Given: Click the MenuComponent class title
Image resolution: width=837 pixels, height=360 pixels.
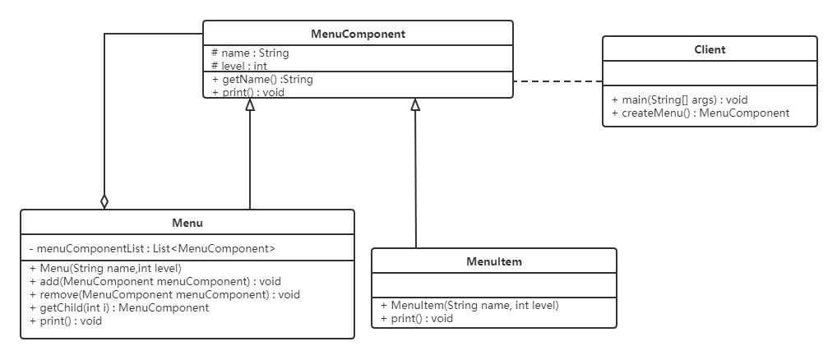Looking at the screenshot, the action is coord(358,35).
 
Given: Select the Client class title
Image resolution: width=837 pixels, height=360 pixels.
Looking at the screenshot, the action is coord(710,49).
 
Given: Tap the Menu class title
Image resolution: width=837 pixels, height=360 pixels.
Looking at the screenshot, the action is coord(187,223).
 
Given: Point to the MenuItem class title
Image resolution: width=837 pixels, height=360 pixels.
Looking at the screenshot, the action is coord(494,261).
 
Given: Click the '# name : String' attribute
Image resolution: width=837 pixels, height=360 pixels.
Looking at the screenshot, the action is coord(250,53).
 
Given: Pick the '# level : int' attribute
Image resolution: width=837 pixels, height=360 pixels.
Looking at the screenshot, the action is coord(240,66).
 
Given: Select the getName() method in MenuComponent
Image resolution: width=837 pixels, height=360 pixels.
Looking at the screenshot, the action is coord(262,80).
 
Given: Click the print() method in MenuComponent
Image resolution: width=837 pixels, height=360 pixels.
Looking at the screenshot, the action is coord(248,92).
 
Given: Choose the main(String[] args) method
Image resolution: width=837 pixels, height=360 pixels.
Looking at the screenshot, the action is coord(679,99).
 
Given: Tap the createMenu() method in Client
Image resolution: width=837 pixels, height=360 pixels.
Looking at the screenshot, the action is coord(701,113).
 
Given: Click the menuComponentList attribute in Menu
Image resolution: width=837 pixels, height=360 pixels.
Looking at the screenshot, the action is coord(152,248).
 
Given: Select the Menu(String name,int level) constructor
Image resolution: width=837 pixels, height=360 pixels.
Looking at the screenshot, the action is coord(105,268).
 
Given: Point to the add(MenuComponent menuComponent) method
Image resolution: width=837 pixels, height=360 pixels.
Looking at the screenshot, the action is coord(155,281).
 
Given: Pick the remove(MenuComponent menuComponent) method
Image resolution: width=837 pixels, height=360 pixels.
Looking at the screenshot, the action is coord(164,294).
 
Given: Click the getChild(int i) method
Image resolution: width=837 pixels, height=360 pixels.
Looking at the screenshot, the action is coord(119,307).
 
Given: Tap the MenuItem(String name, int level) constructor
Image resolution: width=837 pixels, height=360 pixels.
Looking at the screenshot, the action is coord(469,306).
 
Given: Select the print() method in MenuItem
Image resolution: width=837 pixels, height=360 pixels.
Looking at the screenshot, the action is coord(416,318).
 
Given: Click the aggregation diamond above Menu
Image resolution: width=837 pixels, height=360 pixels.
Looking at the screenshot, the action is coord(104,201).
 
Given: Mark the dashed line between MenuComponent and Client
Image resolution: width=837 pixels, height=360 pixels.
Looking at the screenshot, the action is coord(557,81).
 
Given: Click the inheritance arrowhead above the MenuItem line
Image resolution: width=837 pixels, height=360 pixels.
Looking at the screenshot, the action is coord(415,104).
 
